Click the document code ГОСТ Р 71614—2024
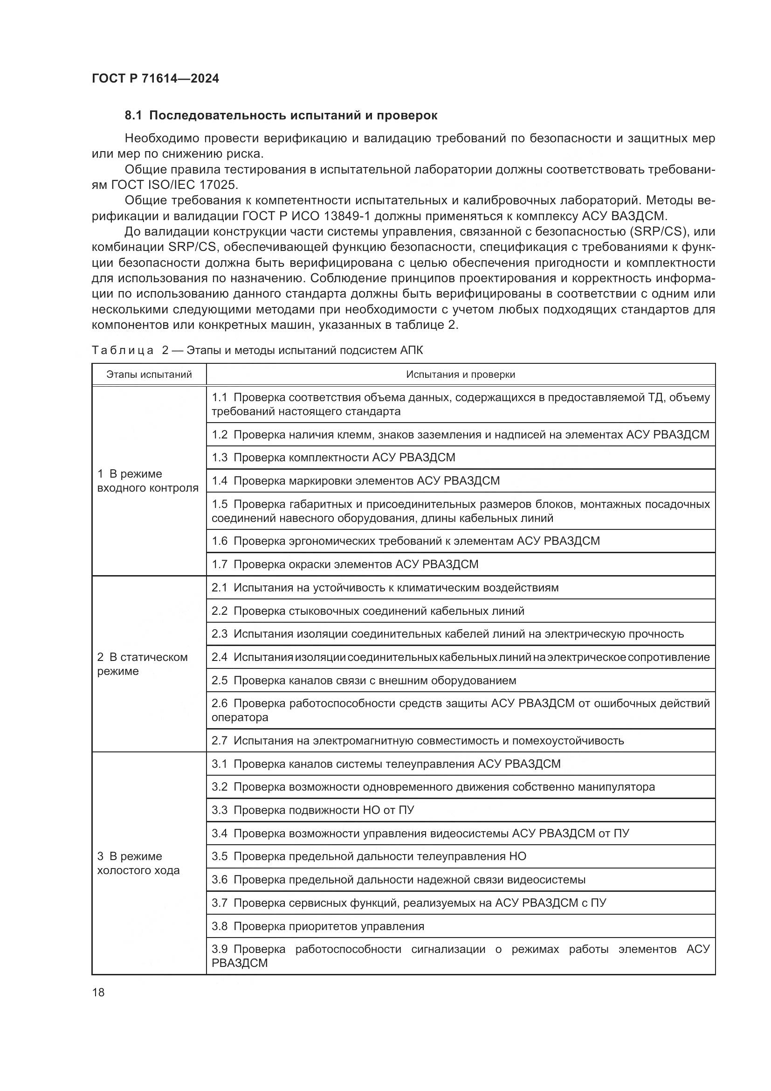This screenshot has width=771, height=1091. [155, 79]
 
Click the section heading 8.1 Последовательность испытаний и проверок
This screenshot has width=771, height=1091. [281, 116]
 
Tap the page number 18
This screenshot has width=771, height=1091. [98, 992]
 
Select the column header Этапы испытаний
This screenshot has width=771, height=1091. [149, 375]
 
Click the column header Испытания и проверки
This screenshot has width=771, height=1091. [460, 375]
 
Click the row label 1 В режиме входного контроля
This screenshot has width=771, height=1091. [148, 481]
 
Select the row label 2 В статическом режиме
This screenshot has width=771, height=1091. [142, 664]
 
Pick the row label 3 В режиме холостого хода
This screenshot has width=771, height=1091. [138, 863]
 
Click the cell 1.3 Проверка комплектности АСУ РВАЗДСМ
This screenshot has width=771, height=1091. [333, 458]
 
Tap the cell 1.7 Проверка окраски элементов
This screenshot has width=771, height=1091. [345, 564]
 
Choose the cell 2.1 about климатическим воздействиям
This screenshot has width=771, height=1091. [385, 588]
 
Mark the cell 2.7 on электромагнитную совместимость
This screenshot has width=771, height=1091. [418, 740]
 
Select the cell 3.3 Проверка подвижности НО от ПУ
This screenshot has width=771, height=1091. [313, 810]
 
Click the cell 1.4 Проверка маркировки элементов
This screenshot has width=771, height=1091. [356, 481]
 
